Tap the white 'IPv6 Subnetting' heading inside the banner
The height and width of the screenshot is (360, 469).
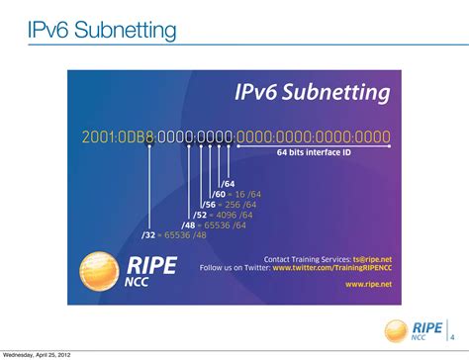(312, 94)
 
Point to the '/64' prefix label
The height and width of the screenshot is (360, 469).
(228, 184)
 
